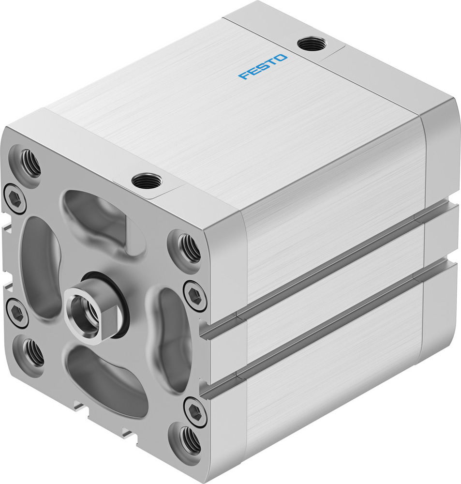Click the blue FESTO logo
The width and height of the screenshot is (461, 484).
pos(263,67)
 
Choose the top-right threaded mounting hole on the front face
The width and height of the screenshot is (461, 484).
pos(189,248)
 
